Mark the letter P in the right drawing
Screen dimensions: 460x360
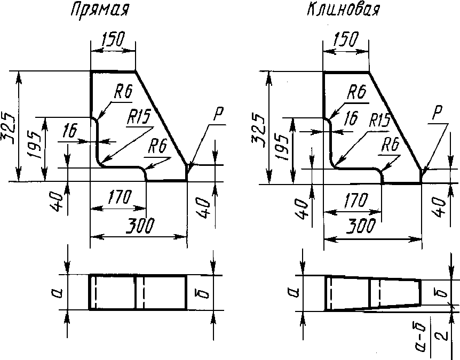point(437,114)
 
